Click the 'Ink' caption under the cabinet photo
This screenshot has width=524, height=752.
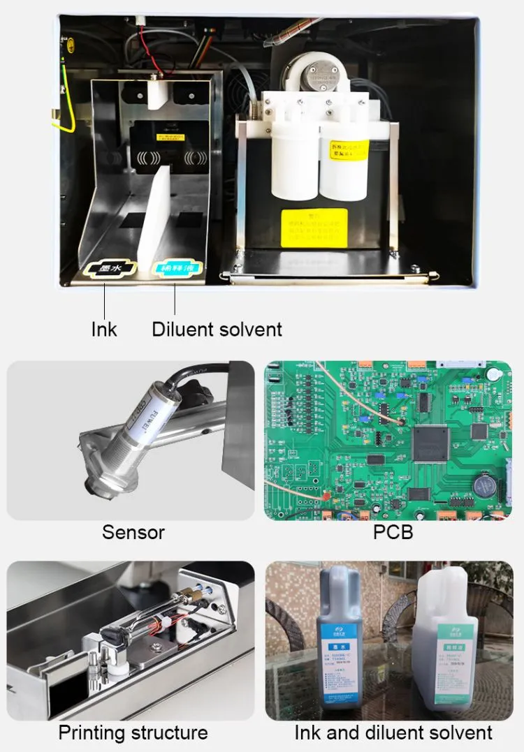104,329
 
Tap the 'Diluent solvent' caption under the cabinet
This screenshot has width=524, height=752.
217,329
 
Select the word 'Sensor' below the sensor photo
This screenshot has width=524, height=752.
133,532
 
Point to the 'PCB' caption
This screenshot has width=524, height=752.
393,532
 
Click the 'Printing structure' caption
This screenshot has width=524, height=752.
133,732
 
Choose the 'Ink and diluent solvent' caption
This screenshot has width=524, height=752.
393,732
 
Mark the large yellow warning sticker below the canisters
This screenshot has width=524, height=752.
314,227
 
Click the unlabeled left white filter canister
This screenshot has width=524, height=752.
294,164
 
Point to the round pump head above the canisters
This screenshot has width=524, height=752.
316,73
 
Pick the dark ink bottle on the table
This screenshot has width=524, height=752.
340,642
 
